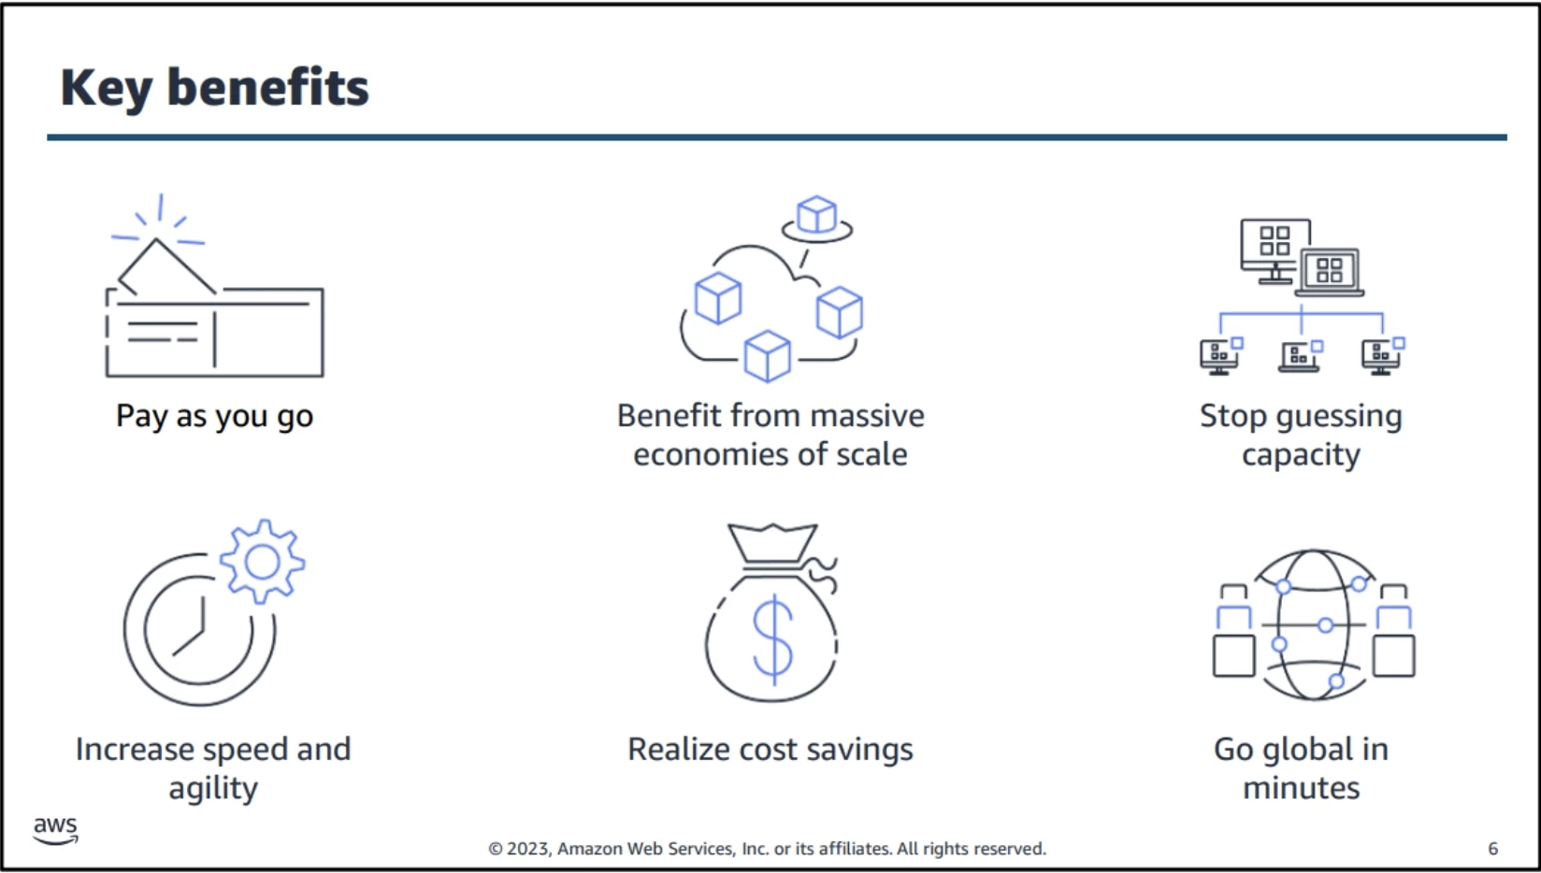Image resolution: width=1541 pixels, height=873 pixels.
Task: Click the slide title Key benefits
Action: click(x=215, y=88)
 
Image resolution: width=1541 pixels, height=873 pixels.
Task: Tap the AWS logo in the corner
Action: click(x=56, y=830)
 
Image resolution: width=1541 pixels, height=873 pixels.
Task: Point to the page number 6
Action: click(x=1492, y=849)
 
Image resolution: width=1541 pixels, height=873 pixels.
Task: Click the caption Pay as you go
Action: click(x=215, y=417)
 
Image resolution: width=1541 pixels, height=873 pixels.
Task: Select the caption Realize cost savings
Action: click(x=770, y=750)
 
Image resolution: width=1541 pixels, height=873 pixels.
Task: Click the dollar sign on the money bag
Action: click(x=773, y=640)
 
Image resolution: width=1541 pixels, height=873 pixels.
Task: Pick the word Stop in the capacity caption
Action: click(x=1232, y=416)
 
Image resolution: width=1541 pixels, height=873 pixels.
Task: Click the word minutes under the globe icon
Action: click(x=1302, y=788)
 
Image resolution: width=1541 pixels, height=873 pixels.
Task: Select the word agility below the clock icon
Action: click(x=213, y=789)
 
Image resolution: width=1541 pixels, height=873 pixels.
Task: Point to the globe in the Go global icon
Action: click(x=1314, y=625)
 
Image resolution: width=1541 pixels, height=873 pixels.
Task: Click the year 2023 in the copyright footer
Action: click(x=528, y=849)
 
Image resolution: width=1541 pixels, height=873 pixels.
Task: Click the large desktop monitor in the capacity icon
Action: click(x=1275, y=251)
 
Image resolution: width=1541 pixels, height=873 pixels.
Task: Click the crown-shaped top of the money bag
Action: click(x=772, y=543)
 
